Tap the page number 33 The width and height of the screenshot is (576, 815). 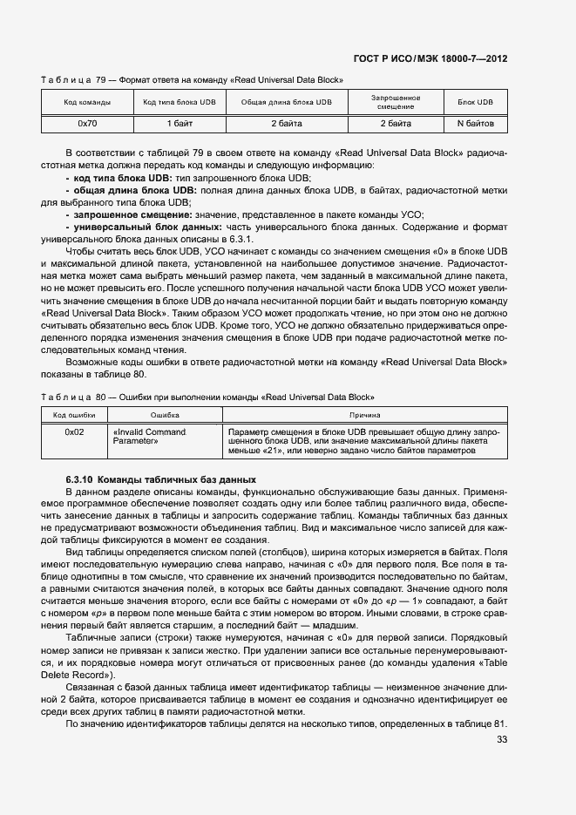tap(501, 740)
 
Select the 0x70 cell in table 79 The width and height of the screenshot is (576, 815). tap(87, 124)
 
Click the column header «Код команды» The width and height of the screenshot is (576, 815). tap(87, 103)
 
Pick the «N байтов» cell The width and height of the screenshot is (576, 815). tap(481, 124)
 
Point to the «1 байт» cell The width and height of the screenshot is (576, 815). tap(180, 124)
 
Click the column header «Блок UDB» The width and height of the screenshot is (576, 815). tap(481, 103)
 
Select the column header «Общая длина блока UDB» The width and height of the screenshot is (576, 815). tap(287, 103)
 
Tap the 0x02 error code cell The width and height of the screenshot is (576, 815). tap(74, 431)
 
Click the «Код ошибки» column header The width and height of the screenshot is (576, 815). tap(74, 416)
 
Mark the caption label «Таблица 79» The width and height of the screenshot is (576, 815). tap(66, 80)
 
